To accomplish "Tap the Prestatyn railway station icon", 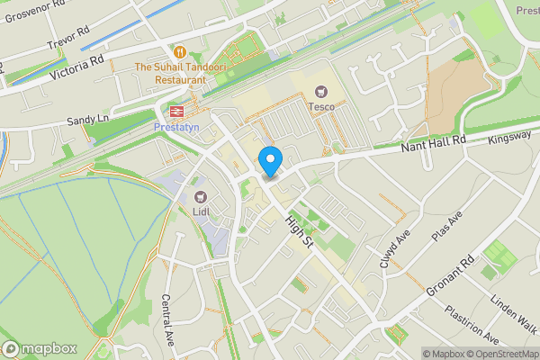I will (174, 112).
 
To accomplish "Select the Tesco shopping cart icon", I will (321, 90).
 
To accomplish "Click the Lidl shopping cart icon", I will (200, 196).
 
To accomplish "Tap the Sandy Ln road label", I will (87, 119).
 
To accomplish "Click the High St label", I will (298, 230).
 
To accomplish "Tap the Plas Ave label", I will (446, 229).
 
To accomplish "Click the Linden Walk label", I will (514, 310).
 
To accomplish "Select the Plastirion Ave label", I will (472, 323).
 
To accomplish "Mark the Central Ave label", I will (167, 319).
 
